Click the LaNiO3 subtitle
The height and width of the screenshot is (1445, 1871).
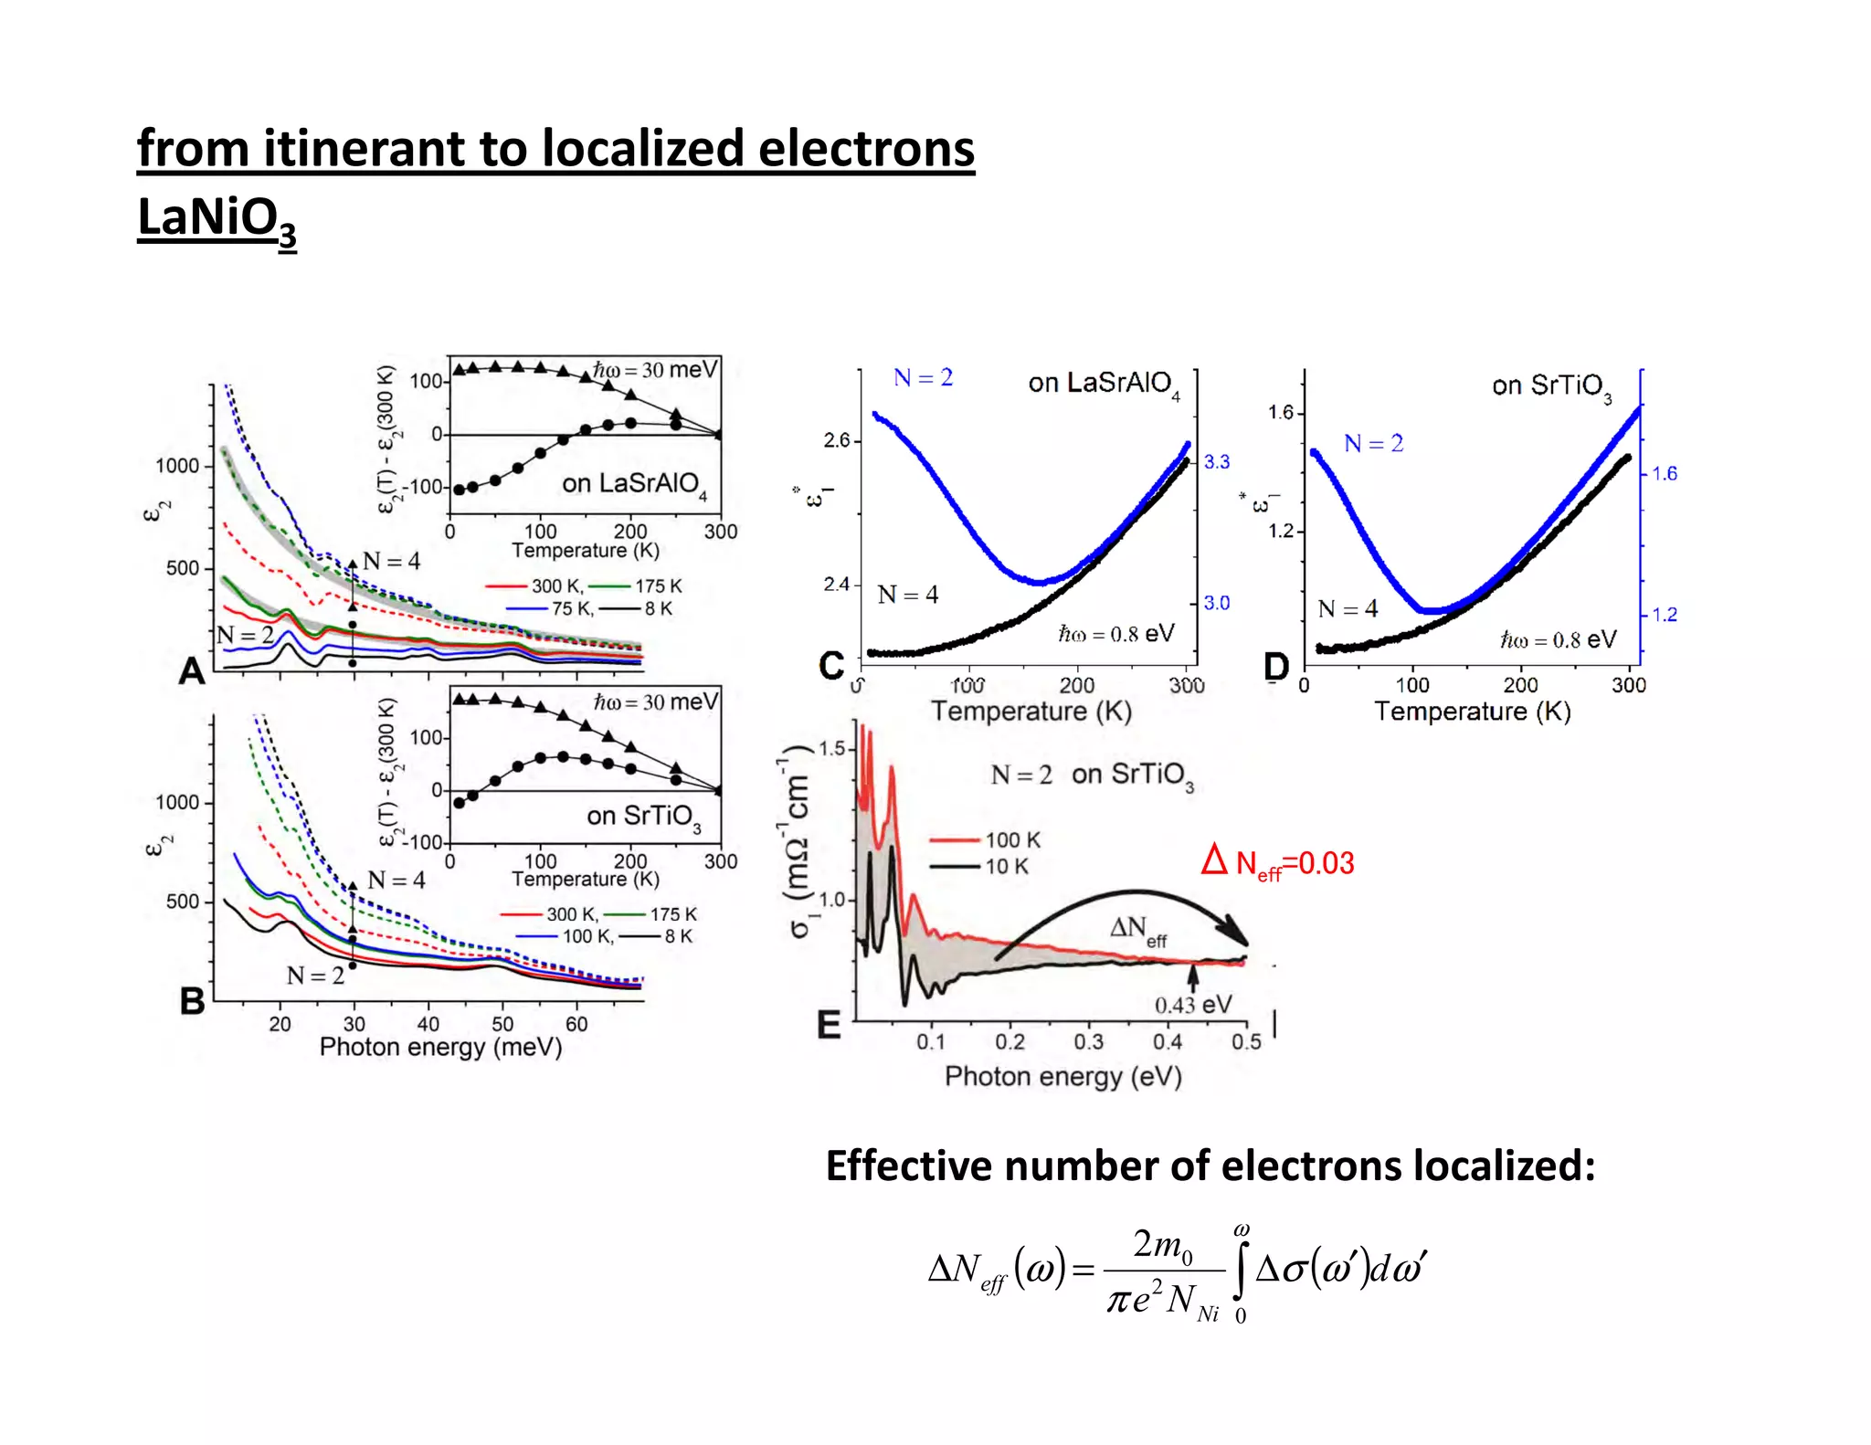[217, 219]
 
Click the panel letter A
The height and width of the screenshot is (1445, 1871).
[192, 671]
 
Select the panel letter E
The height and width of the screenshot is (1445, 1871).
[829, 1025]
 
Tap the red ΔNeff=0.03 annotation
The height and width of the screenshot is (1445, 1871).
[1277, 862]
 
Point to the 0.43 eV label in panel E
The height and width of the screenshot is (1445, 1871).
[1192, 1005]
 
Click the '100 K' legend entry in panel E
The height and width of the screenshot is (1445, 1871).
[1012, 839]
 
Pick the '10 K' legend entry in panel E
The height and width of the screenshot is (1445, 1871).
[1006, 866]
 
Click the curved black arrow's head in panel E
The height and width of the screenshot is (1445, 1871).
[1238, 935]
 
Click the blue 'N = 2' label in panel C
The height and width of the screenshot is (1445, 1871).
[923, 378]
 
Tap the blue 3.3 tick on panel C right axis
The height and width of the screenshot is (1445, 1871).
[1216, 462]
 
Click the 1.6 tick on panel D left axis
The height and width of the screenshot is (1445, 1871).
[1280, 413]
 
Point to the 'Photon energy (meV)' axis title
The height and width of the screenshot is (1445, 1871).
[440, 1047]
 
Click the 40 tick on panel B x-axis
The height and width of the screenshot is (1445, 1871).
[428, 1025]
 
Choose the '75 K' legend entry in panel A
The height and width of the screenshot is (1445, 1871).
[572, 609]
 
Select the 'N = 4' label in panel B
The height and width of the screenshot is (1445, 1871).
[396, 880]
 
